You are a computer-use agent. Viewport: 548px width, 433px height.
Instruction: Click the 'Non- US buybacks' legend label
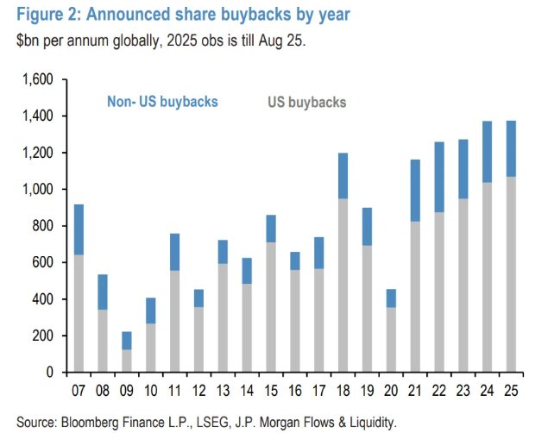pos(162,102)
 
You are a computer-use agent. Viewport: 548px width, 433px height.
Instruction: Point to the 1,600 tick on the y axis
pos(37,80)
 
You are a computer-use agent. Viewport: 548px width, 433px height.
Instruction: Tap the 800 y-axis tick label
pos(43,226)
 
